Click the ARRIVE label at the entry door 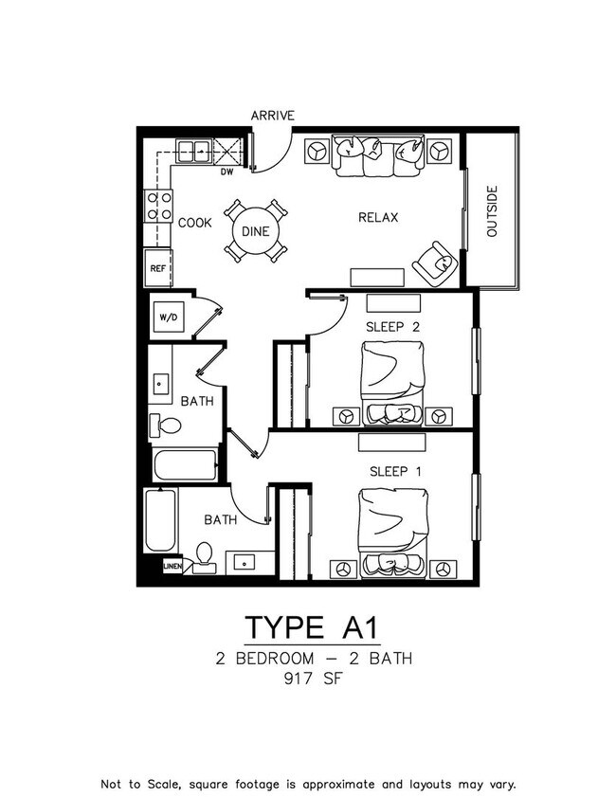tap(272, 116)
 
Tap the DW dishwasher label tap(226, 172)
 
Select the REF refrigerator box tap(158, 268)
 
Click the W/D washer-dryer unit tap(169, 317)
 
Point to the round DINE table tap(256, 231)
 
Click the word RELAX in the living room tap(378, 218)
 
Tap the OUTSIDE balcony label tap(492, 211)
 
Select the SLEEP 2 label tap(393, 327)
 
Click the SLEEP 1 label tap(395, 472)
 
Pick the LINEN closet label tap(172, 566)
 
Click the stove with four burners tap(158, 206)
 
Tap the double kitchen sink tap(193, 151)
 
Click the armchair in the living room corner tap(436, 263)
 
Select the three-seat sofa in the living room tap(377, 155)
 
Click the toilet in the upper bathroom tap(165, 426)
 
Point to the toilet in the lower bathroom tap(205, 557)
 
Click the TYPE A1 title tap(313, 627)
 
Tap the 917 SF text tap(314, 679)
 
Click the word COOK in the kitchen tap(194, 223)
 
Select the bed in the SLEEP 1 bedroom tap(393, 534)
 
